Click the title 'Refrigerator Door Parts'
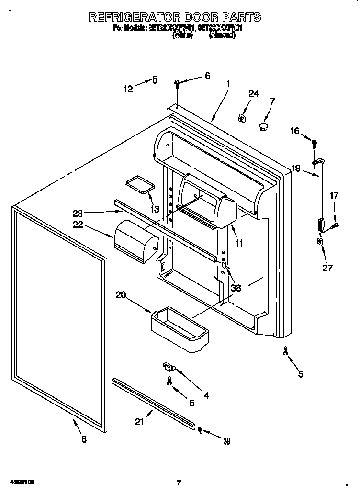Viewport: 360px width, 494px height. point(175,17)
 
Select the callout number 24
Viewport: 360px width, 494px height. point(253,93)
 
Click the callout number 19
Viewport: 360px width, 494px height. point(295,168)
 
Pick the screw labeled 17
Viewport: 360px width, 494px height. point(336,224)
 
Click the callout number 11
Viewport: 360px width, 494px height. point(239,243)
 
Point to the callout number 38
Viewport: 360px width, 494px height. point(236,288)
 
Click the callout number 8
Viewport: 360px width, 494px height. point(84,440)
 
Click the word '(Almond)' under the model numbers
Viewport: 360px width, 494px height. point(222,35)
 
